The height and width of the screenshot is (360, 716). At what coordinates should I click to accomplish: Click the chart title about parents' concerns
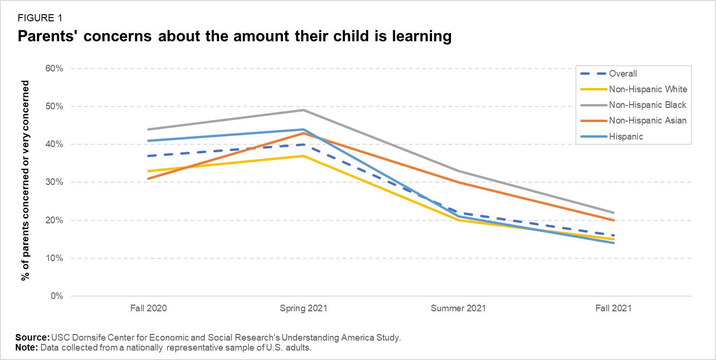pos(234,36)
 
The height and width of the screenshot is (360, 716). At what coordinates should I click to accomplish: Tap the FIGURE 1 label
pos(40,18)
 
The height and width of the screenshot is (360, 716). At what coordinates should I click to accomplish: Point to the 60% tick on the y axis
pos(54,69)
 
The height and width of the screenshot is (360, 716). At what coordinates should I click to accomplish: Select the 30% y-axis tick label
pos(54,183)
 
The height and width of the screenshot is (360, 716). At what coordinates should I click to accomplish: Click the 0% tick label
pos(56,297)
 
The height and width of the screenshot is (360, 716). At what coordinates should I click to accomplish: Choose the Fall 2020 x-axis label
pos(149,308)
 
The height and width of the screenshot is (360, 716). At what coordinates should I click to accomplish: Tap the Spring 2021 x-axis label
pos(303,308)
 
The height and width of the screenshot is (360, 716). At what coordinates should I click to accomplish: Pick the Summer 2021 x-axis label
pos(458,308)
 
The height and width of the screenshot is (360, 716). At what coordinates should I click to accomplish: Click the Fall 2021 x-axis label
pos(613,308)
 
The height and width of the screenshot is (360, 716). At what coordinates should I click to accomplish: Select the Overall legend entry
pos(623,74)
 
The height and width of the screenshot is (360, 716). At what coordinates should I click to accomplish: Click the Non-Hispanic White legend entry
pos(648,89)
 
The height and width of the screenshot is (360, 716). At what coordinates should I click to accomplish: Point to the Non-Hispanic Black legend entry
pos(647,105)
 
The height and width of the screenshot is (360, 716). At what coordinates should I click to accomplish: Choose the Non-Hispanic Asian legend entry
pos(647,121)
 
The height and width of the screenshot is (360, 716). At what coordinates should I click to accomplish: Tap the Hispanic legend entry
pos(626,136)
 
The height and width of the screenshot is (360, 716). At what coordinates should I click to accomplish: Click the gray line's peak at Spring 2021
pos(303,110)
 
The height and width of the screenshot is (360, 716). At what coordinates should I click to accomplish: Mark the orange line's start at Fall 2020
pos(149,178)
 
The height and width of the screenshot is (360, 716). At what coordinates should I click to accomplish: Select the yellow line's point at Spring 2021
pos(303,156)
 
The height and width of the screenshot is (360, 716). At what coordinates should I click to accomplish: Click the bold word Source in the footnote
pos(32,338)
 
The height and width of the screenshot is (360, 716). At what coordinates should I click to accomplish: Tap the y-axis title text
pos(25,181)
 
